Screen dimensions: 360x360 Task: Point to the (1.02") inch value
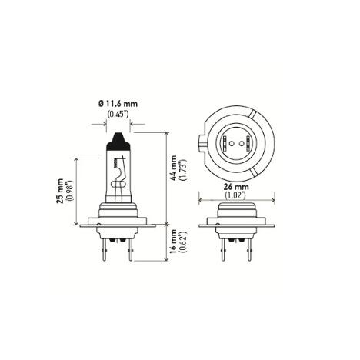click(231, 195)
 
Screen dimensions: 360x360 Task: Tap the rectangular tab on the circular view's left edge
click(202, 141)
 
